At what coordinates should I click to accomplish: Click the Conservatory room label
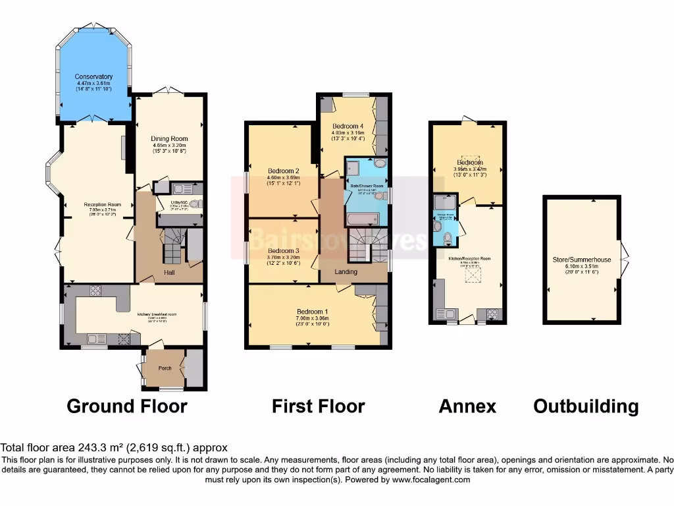94,76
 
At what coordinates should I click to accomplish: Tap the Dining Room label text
170,139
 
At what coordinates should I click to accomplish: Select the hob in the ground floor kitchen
94,291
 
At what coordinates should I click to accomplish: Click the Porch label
165,368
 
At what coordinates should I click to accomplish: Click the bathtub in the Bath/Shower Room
361,218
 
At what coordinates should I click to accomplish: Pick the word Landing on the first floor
346,271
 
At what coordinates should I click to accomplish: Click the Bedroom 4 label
348,126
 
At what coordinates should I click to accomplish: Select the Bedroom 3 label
283,251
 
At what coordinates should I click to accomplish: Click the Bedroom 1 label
313,312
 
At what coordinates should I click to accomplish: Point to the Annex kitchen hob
492,313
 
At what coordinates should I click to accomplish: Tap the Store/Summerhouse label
581,260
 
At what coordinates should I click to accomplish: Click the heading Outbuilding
586,407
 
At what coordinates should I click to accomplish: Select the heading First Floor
318,407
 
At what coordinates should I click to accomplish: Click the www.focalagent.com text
430,480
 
